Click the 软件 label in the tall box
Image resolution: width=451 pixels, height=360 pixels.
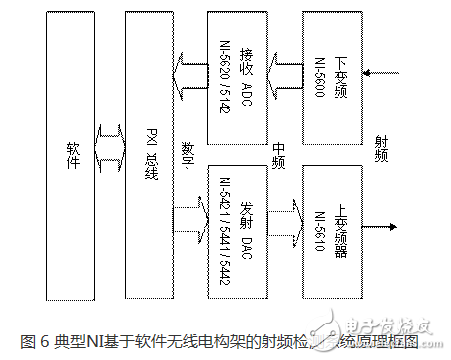pos(70,157)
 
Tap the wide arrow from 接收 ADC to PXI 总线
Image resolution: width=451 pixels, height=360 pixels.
pos(187,70)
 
